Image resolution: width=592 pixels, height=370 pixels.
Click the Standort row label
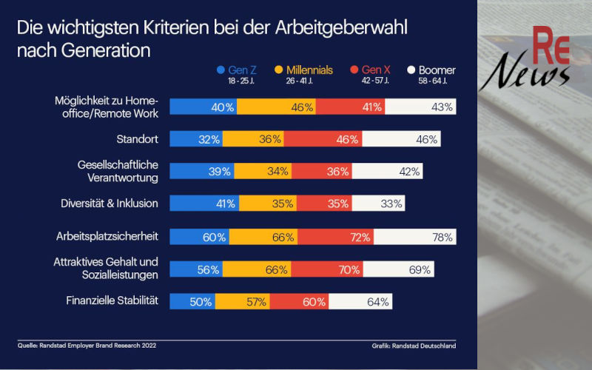pos(139,138)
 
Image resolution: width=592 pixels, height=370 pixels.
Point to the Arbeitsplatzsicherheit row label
pos(109,237)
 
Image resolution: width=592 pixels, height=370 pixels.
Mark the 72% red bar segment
pos(346,237)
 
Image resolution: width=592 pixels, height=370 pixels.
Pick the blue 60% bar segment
pos(199,237)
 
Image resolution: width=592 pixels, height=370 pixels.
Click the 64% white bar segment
pos(360,301)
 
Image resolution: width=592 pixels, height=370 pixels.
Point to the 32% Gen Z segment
pos(196,138)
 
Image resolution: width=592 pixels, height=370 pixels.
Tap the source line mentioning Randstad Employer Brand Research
pos(87,345)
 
